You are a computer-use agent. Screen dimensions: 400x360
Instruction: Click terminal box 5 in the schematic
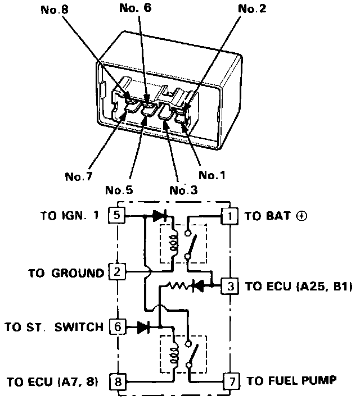(x=116, y=215)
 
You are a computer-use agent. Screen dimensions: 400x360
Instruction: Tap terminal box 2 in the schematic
(x=116, y=273)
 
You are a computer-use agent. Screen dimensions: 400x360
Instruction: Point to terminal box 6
(x=116, y=326)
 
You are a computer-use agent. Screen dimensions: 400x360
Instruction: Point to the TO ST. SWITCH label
(x=55, y=326)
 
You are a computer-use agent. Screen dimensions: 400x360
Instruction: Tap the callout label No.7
(x=78, y=176)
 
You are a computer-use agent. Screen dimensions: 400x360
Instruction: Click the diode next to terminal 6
(x=143, y=326)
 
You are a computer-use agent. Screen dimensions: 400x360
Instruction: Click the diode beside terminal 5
(x=157, y=215)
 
